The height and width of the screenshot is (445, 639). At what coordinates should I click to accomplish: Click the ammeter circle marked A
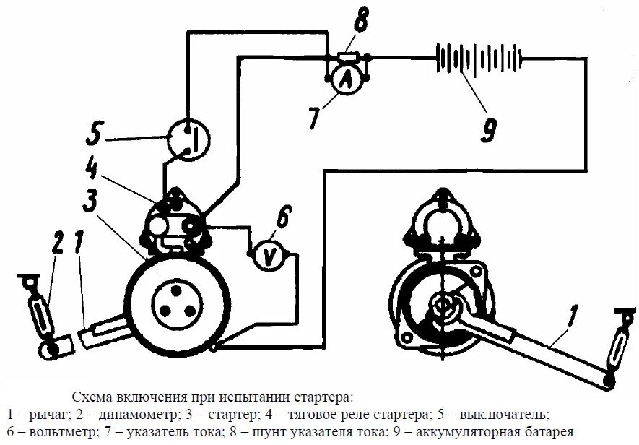(x=345, y=82)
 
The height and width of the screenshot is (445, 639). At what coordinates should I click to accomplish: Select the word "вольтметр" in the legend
(x=52, y=432)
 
